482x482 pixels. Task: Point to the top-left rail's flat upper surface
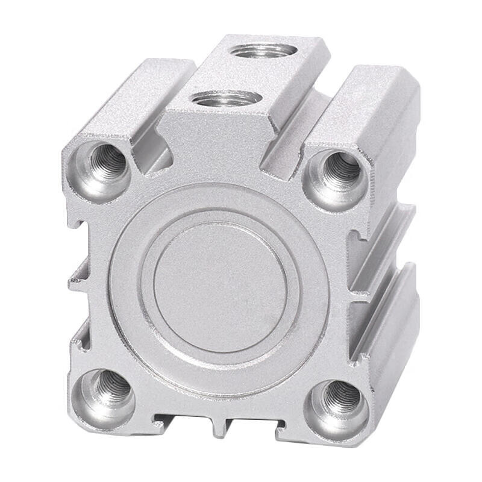(x=130, y=96)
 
